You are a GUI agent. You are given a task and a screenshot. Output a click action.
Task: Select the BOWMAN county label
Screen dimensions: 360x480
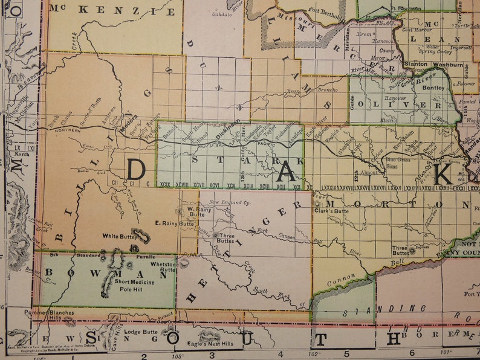click(x=106, y=273)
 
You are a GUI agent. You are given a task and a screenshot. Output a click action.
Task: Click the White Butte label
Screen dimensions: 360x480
click(x=118, y=236)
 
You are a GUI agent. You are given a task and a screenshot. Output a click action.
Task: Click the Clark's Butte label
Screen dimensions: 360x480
click(x=332, y=211)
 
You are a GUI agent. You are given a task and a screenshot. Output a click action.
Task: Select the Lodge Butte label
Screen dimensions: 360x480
click(x=140, y=332)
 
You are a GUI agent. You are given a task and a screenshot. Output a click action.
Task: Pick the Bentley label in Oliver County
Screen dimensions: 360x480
click(x=433, y=88)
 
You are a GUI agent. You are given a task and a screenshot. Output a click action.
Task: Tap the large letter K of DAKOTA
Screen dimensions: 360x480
click(x=443, y=174)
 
